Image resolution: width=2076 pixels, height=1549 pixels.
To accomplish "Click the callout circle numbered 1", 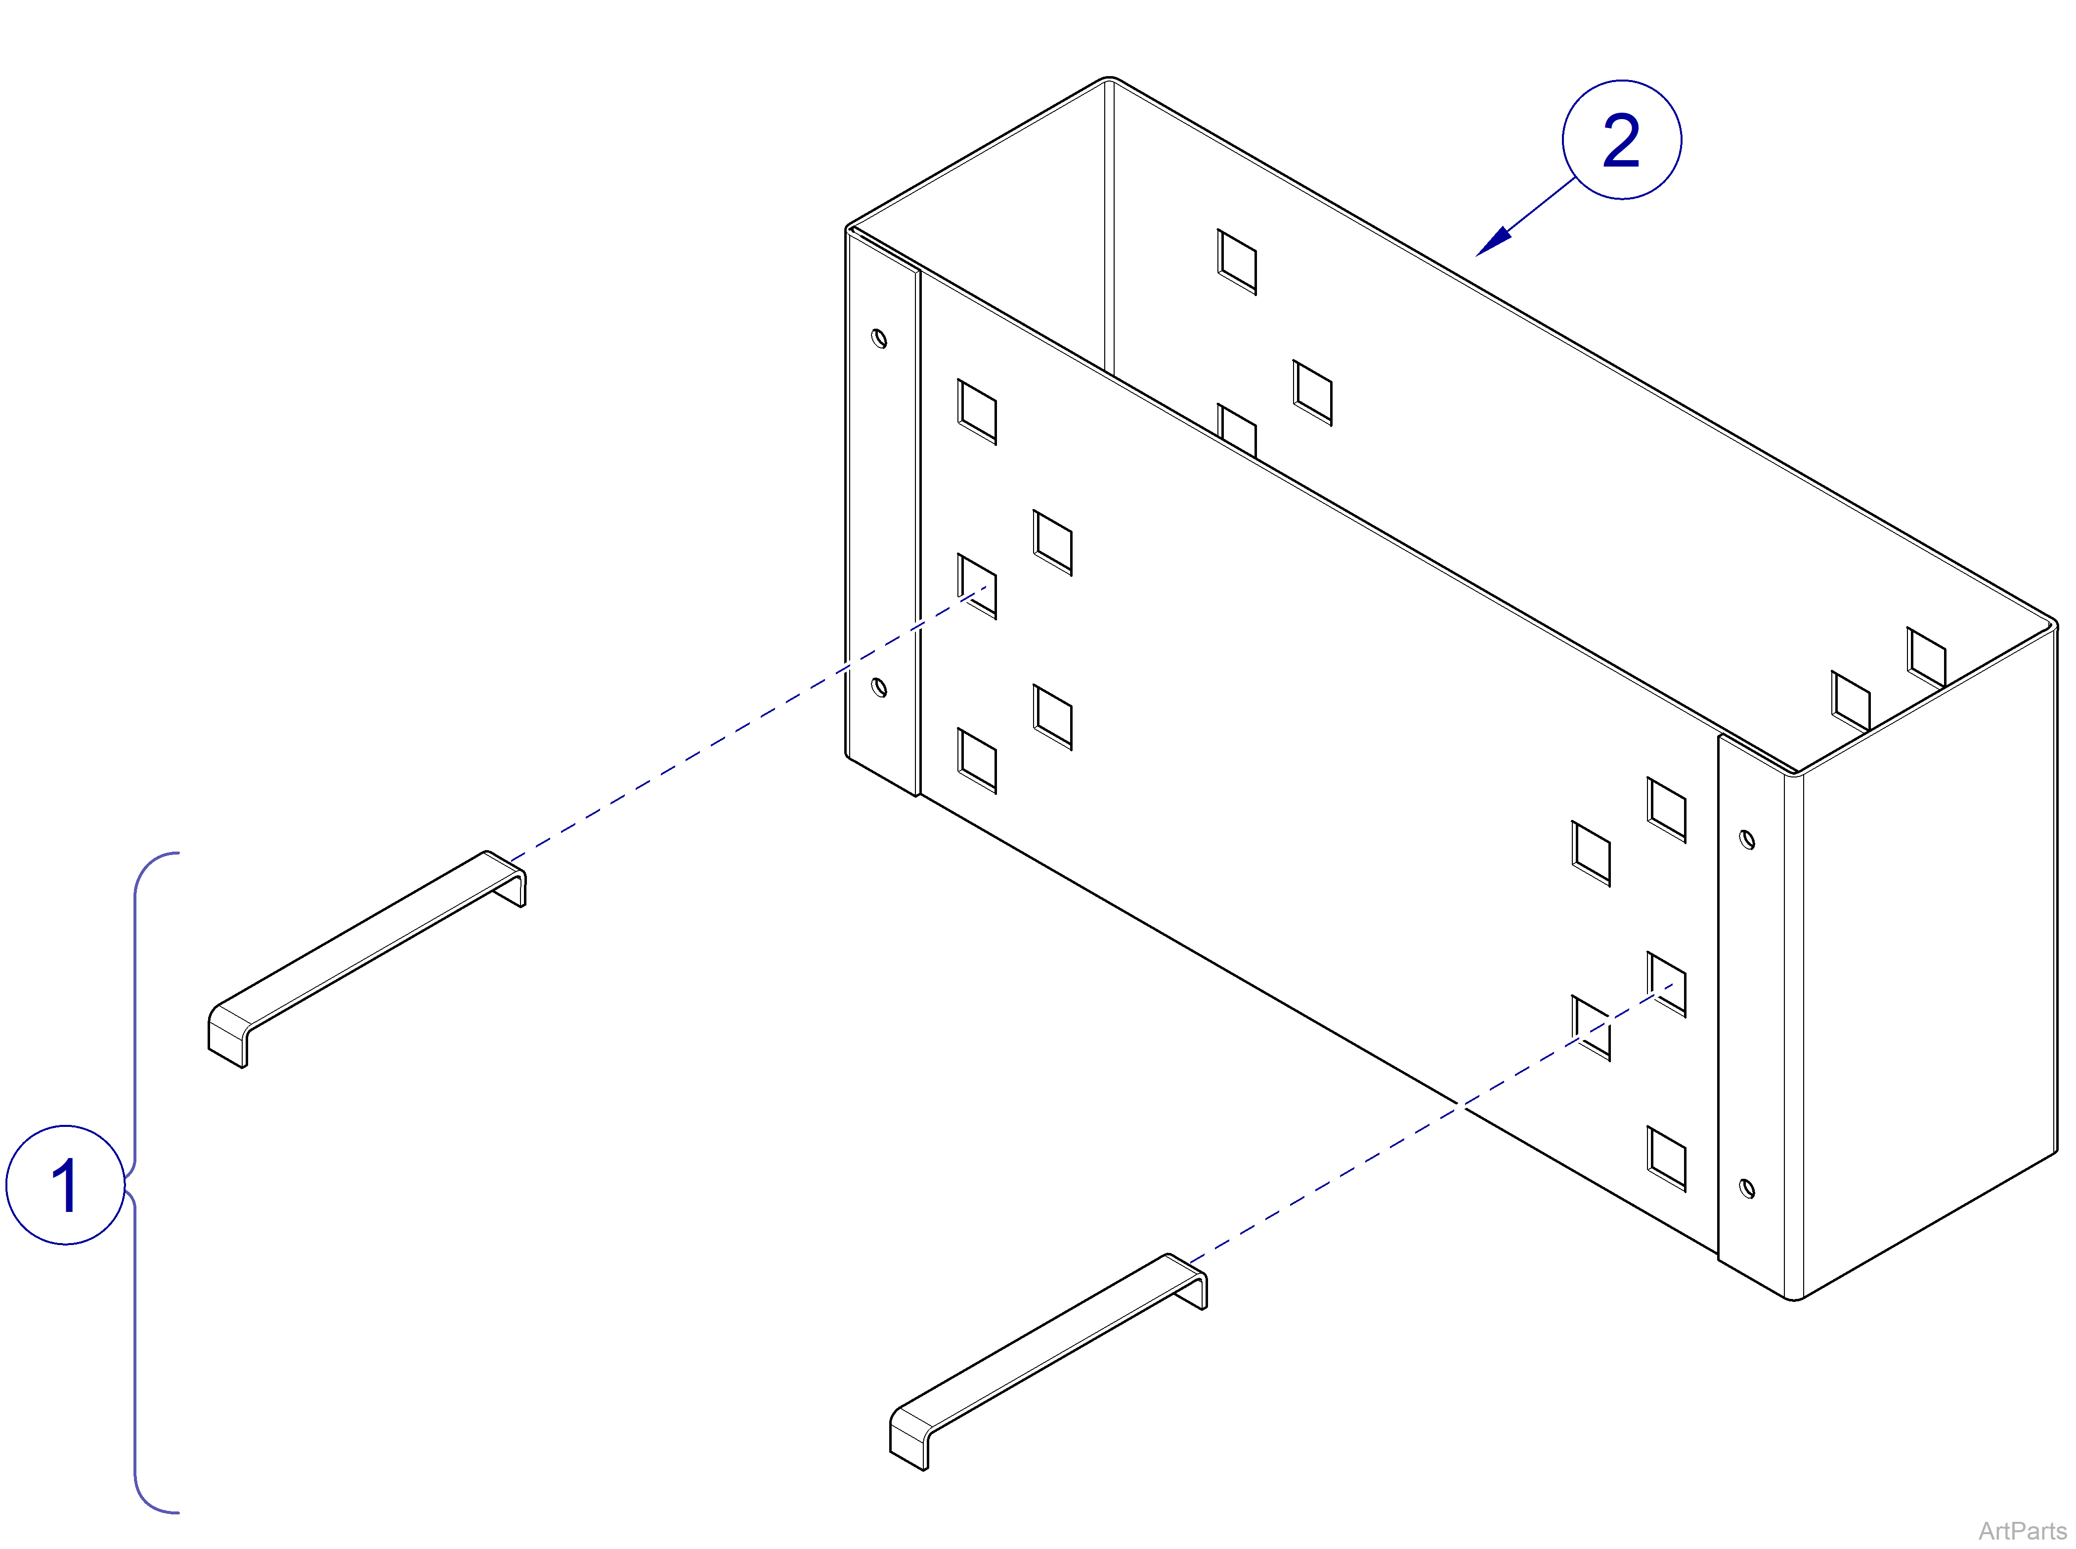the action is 66,1185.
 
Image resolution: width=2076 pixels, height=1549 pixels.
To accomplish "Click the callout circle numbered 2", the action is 1621,140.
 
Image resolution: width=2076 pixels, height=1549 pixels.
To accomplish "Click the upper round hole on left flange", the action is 879,338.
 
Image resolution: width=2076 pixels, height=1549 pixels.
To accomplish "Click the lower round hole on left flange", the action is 879,688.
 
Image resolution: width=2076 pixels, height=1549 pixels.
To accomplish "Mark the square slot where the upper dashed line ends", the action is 976,586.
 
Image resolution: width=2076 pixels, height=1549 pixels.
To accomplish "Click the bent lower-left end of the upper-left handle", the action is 227,1036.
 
